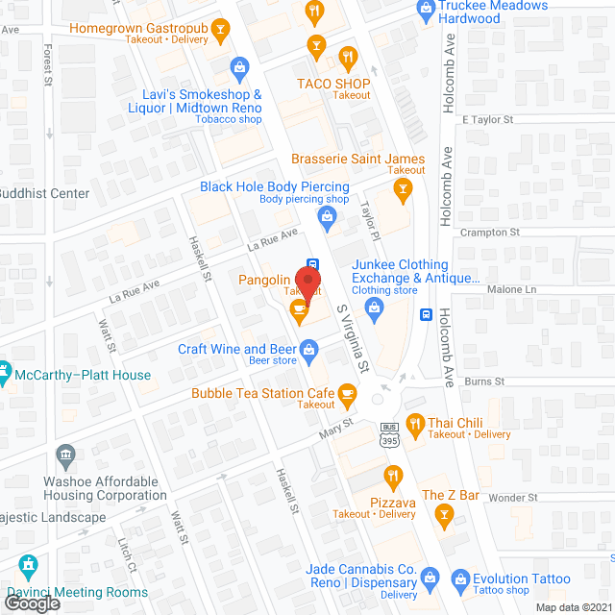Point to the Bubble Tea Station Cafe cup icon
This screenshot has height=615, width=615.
coord(347,393)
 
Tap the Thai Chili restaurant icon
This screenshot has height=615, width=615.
coord(415,423)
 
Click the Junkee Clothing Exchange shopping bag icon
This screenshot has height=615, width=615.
coord(376,308)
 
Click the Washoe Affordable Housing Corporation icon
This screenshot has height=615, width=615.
coord(65,454)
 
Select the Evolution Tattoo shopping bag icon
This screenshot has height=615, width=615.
coord(458,579)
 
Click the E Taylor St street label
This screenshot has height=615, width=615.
coord(488,120)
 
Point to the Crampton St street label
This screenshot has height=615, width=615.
coord(490,233)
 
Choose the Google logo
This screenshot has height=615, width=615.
coord(31,603)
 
